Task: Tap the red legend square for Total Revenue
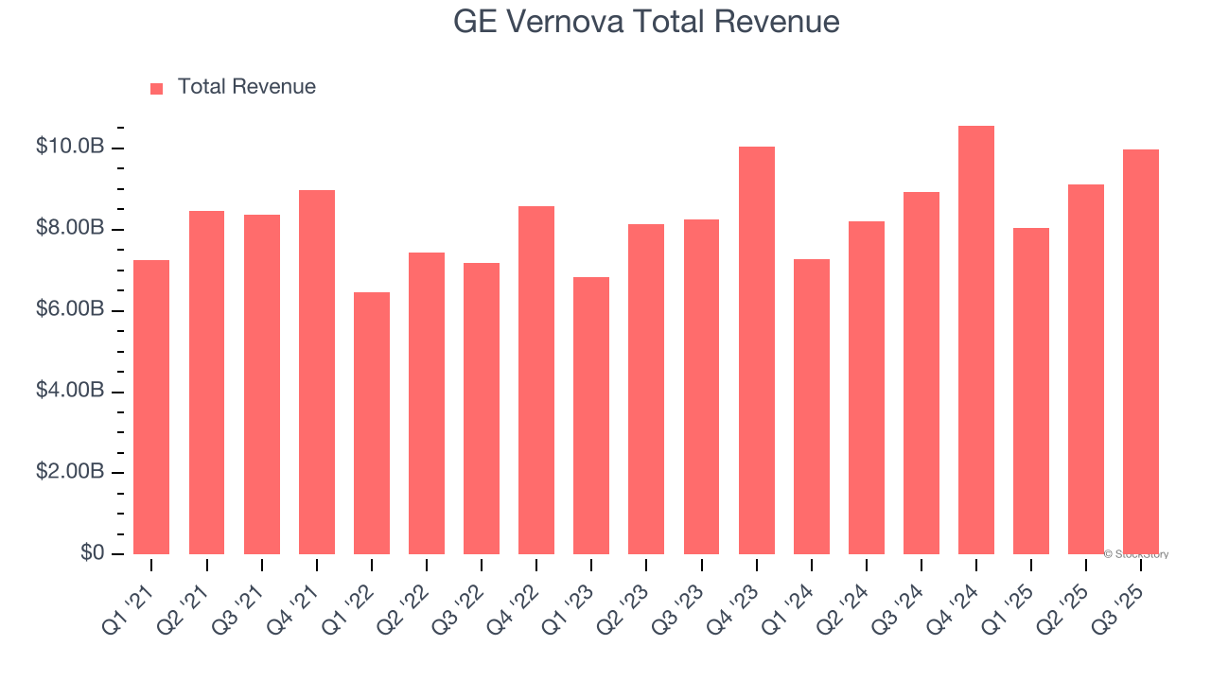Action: [x=157, y=88]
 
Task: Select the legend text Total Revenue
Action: [x=246, y=87]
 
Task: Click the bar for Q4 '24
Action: [x=975, y=340]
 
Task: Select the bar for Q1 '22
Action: [x=372, y=423]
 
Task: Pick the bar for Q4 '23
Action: [x=756, y=350]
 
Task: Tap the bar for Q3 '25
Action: [x=1140, y=352]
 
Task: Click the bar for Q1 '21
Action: [x=151, y=407]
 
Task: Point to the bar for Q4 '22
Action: [x=536, y=380]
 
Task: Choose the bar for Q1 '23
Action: [x=591, y=415]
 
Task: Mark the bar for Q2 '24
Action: [x=866, y=388]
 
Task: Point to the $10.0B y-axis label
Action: [x=69, y=148]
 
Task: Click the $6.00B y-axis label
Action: [x=69, y=310]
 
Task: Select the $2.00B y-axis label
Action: [x=69, y=473]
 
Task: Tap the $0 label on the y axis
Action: [x=91, y=552]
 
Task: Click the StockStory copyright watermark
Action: [x=1136, y=554]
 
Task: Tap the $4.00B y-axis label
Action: [x=69, y=392]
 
